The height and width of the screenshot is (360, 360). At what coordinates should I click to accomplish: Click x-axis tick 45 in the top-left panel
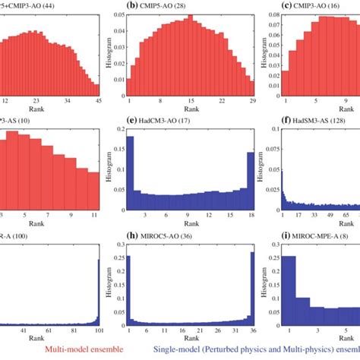click(77, 100)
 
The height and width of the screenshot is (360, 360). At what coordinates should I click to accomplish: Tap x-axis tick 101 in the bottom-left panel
click(77, 332)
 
